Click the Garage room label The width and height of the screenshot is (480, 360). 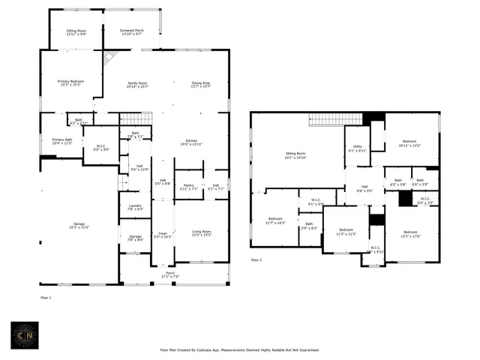(x=79, y=223)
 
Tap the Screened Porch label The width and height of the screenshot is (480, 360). (x=132, y=30)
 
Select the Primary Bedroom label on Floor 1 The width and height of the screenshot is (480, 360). (x=72, y=81)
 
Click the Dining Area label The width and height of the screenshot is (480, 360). (x=200, y=83)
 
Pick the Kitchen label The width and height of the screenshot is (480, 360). (x=191, y=140)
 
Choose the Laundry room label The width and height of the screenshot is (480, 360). (x=135, y=205)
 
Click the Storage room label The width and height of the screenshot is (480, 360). (x=135, y=236)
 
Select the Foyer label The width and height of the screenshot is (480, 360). (x=163, y=232)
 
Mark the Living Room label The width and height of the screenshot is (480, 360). (x=202, y=232)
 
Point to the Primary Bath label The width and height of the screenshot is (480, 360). (x=62, y=139)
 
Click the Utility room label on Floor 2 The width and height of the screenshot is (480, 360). (x=357, y=147)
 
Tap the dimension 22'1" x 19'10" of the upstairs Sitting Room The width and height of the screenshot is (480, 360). (x=297, y=157)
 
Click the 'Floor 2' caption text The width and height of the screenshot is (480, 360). (x=257, y=260)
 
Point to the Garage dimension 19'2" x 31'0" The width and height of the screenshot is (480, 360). (x=79, y=227)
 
